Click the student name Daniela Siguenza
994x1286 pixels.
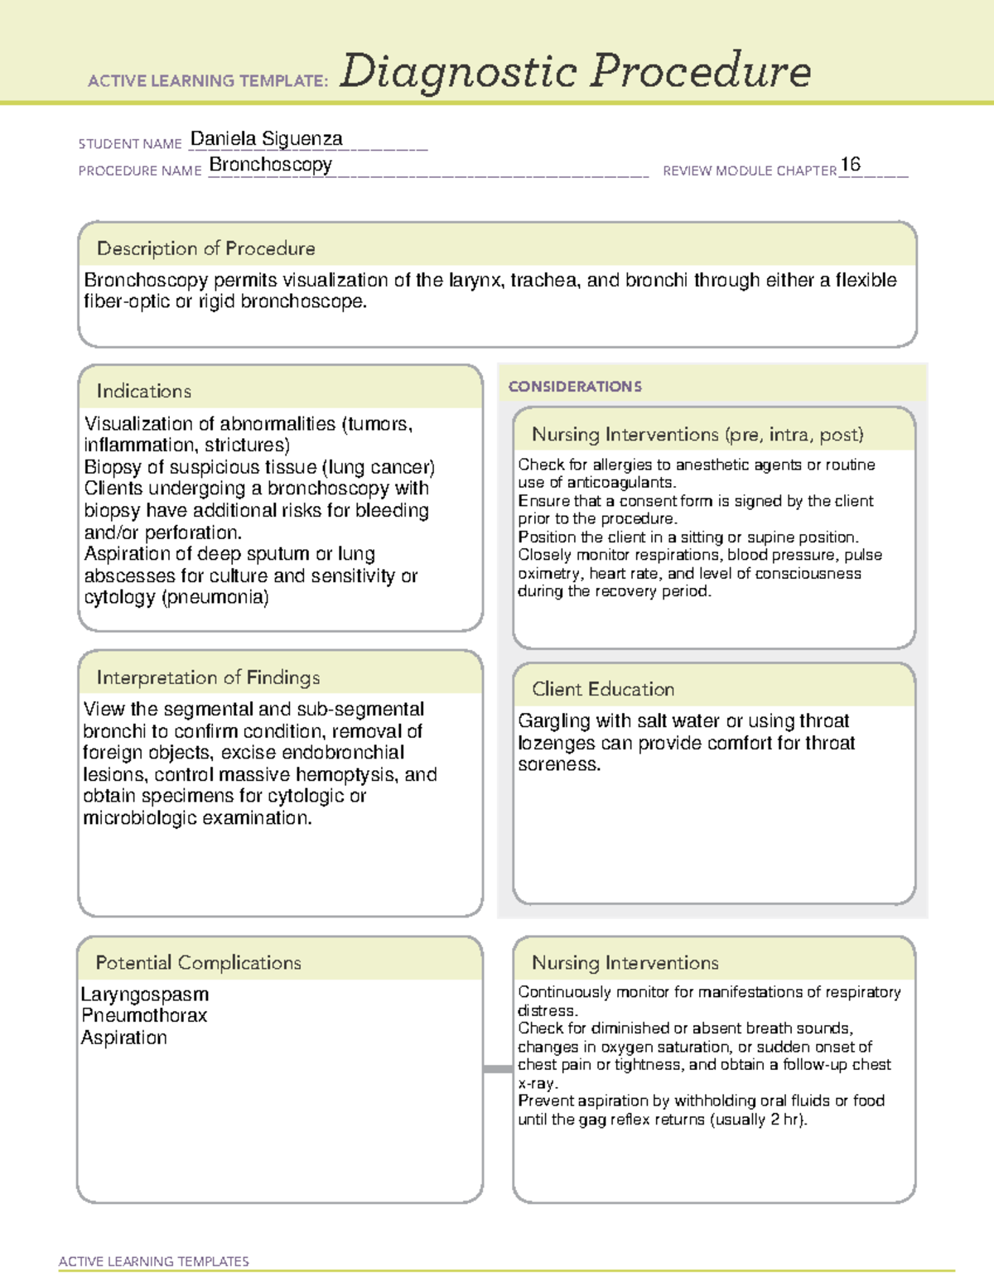266,139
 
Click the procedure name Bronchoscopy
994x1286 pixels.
270,165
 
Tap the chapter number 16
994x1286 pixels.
850,164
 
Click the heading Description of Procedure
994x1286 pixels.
205,248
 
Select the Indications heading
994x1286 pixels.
143,391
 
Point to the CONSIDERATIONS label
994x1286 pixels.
575,387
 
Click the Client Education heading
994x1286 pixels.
602,689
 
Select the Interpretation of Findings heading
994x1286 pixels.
208,677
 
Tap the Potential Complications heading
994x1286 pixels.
198,962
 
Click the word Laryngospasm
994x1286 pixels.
145,994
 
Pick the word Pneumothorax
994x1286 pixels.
144,1015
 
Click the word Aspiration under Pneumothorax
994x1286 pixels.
124,1038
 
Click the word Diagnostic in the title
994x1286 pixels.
457,71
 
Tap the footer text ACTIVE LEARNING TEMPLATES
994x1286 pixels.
153,1261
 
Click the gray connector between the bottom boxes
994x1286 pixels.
497,1069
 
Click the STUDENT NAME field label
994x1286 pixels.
130,144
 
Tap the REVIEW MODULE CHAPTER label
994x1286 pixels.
749,171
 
